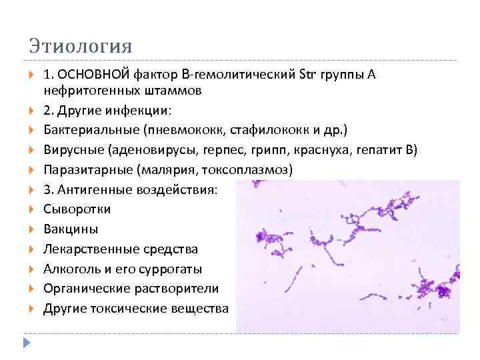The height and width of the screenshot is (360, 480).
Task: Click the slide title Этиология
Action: [80, 47]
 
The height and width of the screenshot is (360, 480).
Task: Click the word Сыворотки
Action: [77, 209]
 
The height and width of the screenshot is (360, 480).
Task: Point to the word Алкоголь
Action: [71, 269]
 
